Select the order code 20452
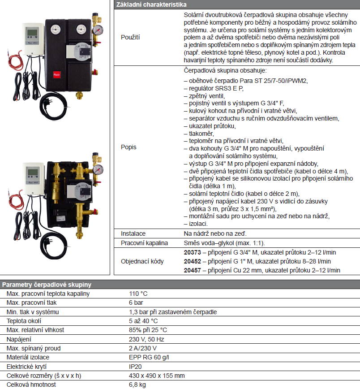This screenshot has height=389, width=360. (193, 261)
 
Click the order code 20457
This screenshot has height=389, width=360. (193, 270)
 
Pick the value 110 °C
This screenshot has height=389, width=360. (138, 294)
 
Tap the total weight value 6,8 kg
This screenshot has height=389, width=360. (137, 385)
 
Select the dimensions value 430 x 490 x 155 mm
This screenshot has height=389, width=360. (156, 376)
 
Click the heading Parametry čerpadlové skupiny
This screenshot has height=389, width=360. (47, 285)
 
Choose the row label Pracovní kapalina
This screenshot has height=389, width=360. (144, 243)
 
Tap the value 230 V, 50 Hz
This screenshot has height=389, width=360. (146, 339)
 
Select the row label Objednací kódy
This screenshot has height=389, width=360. (142, 261)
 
